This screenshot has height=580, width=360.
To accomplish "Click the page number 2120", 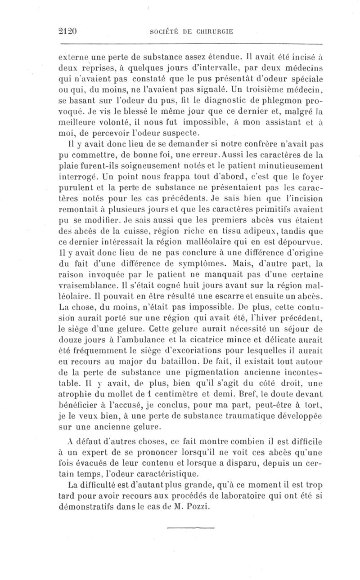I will tap(69, 31).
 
